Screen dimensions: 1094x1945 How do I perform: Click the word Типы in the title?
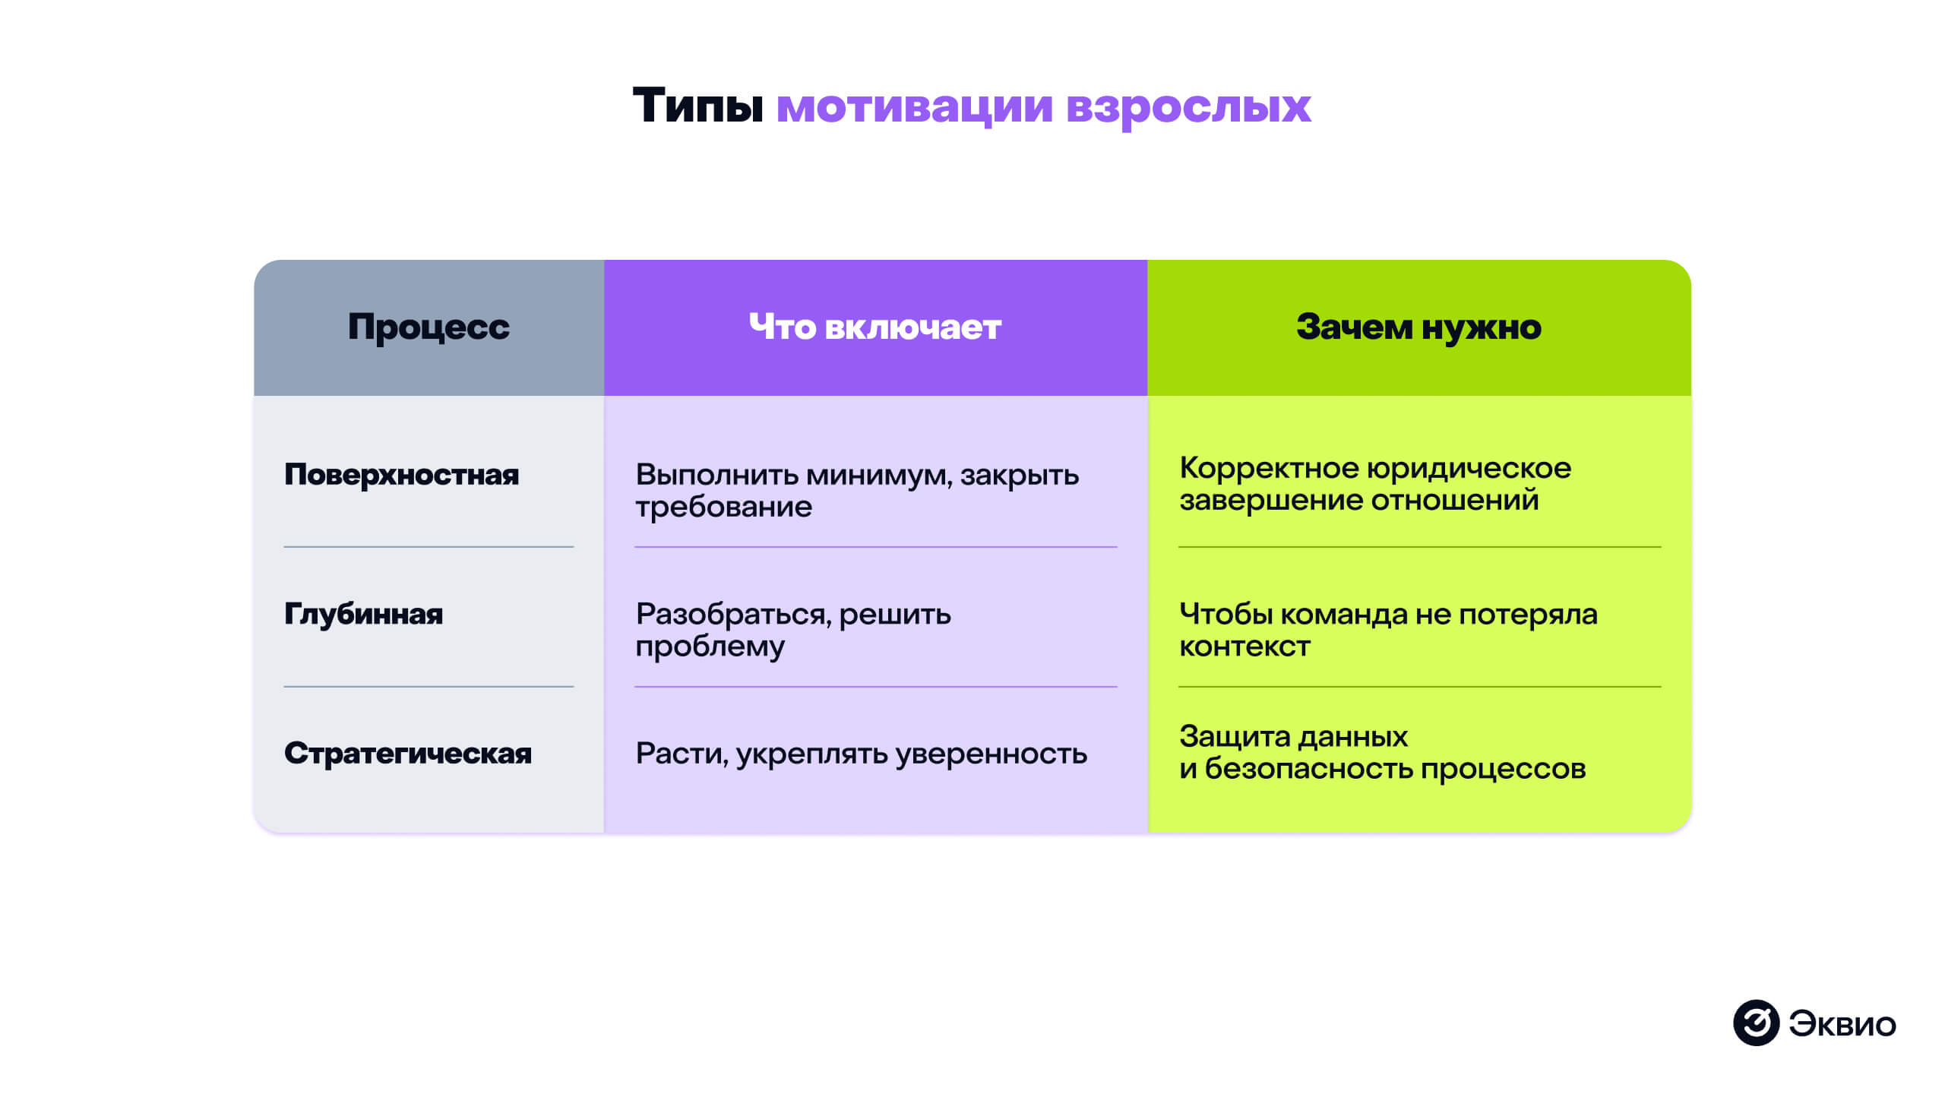[697, 106]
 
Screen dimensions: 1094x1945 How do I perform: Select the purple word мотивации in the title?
[914, 106]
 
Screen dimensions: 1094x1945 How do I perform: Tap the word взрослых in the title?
[1188, 106]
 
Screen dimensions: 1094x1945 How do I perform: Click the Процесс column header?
[429, 327]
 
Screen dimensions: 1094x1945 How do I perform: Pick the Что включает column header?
[874, 327]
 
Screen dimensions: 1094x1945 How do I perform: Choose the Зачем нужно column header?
[1418, 327]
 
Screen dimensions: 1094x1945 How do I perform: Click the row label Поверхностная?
[401, 475]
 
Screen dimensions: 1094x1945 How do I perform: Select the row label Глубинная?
[363, 614]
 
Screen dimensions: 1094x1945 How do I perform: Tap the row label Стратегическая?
[408, 754]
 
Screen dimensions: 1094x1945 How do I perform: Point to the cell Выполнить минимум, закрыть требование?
[856, 490]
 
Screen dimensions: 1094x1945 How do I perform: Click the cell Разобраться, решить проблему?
[792, 630]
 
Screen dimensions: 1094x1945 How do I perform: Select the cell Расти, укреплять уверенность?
[861, 754]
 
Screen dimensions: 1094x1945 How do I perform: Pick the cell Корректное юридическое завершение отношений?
[1374, 484]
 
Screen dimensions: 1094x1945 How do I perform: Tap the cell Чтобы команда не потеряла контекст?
[1388, 630]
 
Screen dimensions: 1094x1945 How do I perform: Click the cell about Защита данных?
[1382, 752]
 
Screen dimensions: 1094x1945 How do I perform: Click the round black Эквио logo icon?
[1756, 1023]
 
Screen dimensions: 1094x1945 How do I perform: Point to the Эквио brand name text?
[1842, 1024]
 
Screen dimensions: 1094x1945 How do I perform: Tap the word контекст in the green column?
[1244, 647]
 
